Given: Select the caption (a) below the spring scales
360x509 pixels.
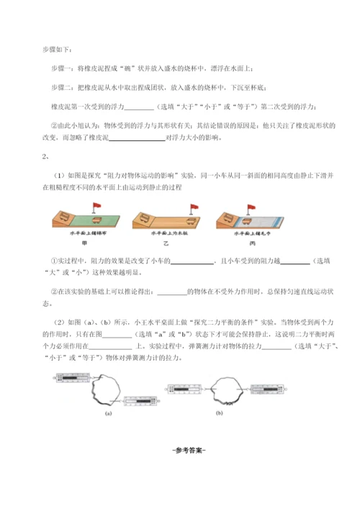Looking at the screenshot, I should tap(108, 415).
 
